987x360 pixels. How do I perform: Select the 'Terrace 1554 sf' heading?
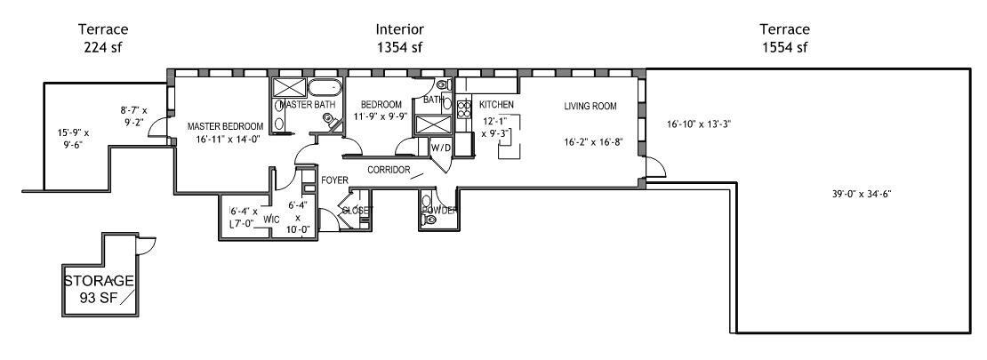click(x=783, y=38)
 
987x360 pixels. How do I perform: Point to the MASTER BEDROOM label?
click(x=225, y=126)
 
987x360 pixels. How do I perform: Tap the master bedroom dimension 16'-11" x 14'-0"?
click(x=225, y=139)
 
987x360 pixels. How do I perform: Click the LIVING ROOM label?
click(x=590, y=107)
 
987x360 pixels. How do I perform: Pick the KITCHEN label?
click(x=496, y=105)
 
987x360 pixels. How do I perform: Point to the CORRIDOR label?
click(x=389, y=169)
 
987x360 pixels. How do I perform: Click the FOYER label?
click(x=334, y=180)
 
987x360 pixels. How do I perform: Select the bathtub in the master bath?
click(x=324, y=88)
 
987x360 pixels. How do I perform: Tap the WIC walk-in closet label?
click(x=272, y=218)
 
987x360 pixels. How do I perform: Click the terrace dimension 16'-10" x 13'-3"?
click(x=699, y=124)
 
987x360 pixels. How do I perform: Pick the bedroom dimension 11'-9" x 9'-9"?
click(x=381, y=116)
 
